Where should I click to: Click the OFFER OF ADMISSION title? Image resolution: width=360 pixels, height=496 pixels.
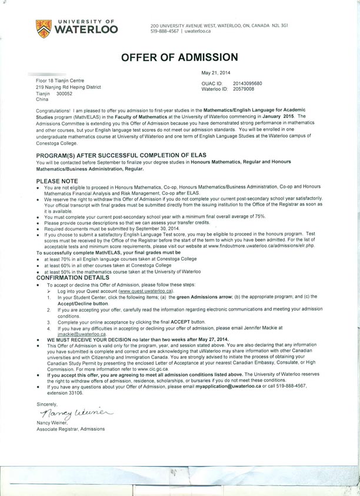(x=179, y=57)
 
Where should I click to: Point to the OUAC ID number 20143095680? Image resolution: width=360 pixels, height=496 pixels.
(x=248, y=84)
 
